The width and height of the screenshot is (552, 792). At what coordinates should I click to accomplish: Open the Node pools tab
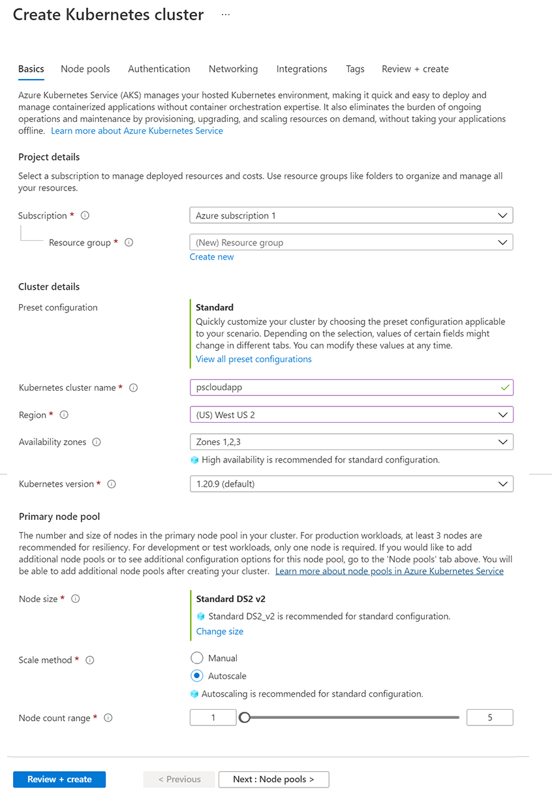[85, 69]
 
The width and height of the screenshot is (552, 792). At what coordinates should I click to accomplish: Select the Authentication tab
[159, 69]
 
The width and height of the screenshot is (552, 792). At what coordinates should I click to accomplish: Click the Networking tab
[233, 69]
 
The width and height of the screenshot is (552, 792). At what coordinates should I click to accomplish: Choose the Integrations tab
[301, 69]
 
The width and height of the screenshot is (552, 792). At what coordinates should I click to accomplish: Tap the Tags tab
[355, 69]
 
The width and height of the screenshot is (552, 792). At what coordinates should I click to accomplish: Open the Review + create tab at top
[415, 69]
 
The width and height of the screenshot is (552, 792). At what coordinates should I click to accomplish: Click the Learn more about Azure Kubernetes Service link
[137, 130]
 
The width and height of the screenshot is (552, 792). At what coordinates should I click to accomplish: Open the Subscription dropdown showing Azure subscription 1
[351, 215]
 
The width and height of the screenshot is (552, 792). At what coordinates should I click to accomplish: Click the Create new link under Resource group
[211, 257]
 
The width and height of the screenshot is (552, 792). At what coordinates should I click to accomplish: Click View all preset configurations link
[254, 359]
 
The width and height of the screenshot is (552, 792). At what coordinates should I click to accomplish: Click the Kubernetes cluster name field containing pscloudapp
[351, 388]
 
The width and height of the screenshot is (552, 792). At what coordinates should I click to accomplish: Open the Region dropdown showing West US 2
[351, 415]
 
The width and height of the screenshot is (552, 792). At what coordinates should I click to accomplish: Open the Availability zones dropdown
[351, 442]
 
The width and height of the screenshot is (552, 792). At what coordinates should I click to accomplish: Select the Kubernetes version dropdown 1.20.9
[351, 484]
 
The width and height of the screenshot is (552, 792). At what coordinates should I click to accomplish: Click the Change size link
[220, 632]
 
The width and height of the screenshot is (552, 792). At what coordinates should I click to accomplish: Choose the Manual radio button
[197, 658]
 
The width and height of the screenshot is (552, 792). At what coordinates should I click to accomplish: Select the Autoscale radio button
[197, 676]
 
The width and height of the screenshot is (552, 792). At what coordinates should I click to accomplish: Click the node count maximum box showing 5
[490, 718]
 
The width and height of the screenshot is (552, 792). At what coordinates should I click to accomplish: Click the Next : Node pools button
[273, 779]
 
